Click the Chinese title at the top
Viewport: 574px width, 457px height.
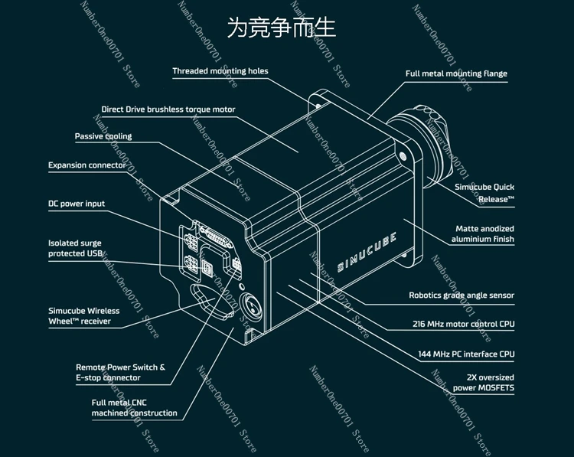click(x=282, y=29)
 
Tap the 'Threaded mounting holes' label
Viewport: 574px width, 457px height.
click(x=220, y=71)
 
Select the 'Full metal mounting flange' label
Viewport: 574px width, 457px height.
click(x=456, y=73)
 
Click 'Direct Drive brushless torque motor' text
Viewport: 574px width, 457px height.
click(x=168, y=109)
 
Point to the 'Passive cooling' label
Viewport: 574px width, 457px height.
click(x=103, y=136)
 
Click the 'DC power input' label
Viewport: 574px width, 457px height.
click(x=77, y=204)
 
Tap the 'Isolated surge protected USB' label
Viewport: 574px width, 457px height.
click(x=75, y=248)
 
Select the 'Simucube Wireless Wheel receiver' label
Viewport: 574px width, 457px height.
click(x=84, y=316)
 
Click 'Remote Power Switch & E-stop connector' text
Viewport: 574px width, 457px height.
click(x=120, y=372)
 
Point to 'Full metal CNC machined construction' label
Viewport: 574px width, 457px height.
click(x=135, y=407)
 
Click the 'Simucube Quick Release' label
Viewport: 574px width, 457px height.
click(x=484, y=193)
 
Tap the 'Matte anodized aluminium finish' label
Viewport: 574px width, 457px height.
click(x=483, y=234)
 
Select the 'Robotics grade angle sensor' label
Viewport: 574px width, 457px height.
click(x=461, y=295)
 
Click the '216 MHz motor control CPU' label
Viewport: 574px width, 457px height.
click(x=463, y=324)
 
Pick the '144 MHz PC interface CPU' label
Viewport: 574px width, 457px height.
click(x=465, y=354)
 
